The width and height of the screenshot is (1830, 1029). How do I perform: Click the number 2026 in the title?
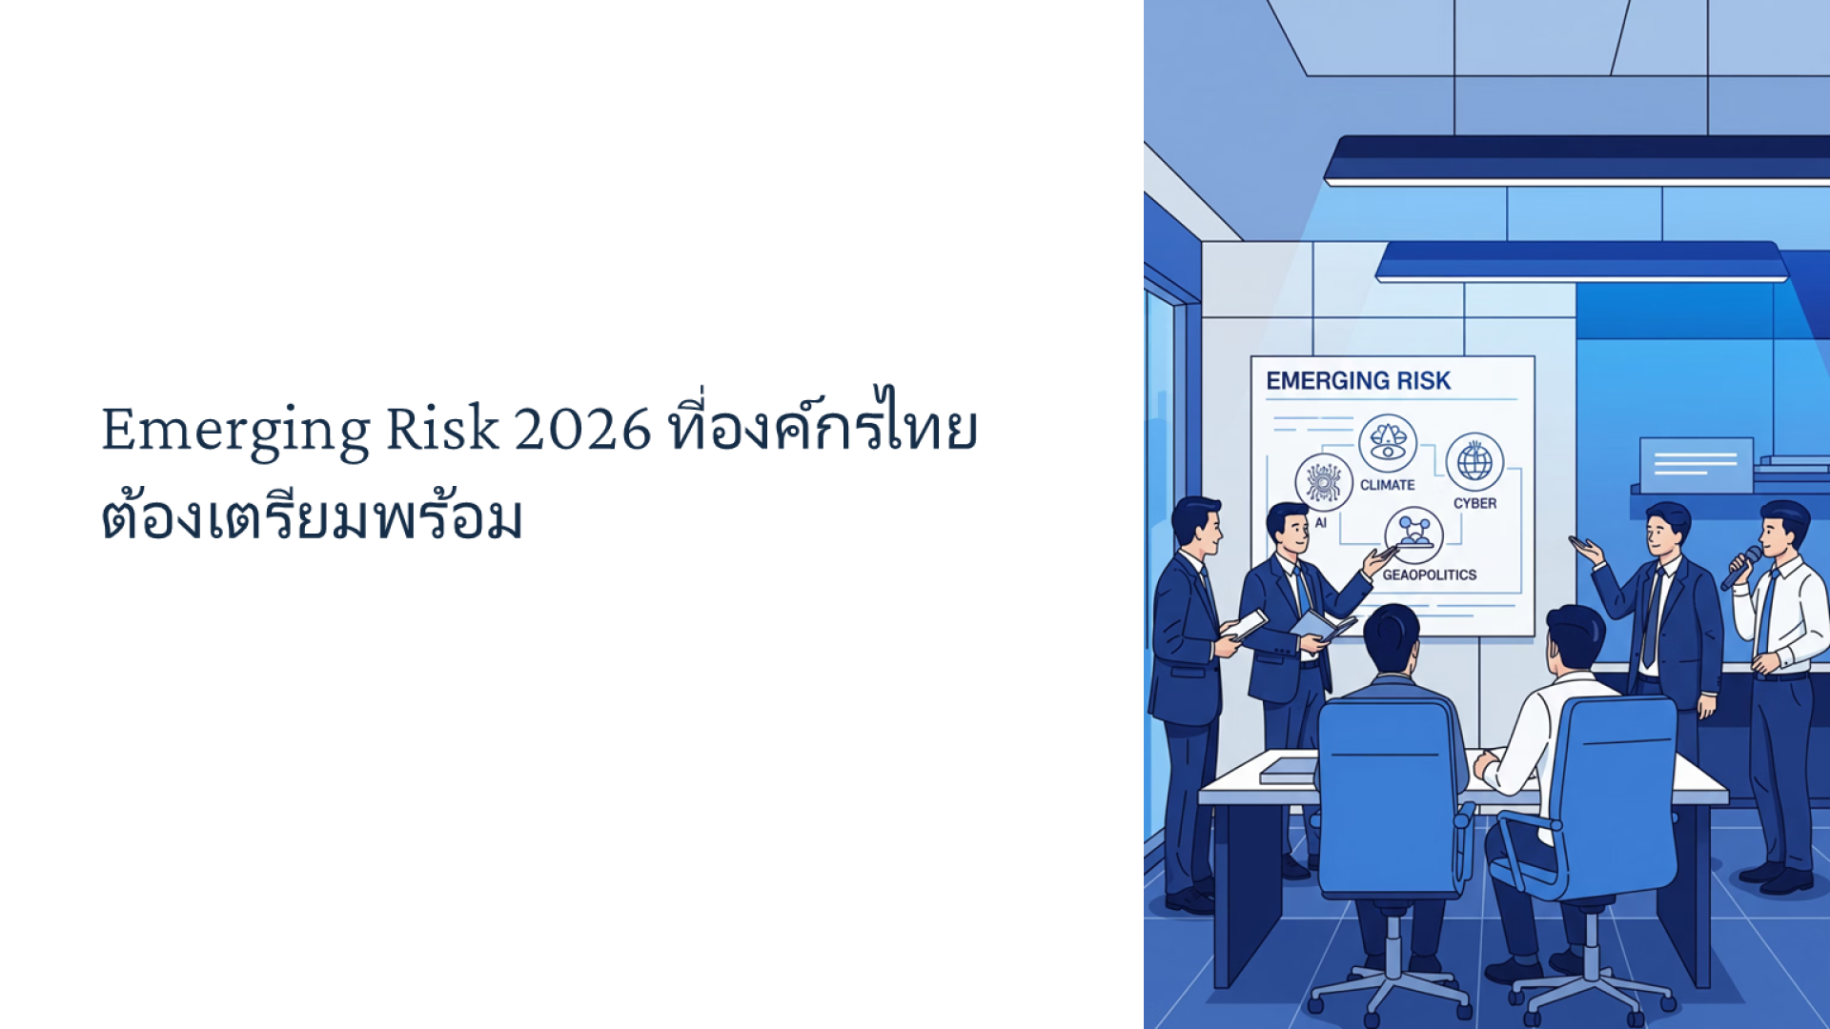point(582,429)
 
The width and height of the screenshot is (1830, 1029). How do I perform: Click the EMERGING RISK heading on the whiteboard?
point(1358,381)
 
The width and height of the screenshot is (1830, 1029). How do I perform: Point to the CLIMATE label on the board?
point(1387,485)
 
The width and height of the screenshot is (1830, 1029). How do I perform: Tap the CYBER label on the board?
point(1474,503)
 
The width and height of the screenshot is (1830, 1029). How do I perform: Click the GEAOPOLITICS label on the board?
point(1430,575)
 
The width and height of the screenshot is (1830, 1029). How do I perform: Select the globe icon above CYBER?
point(1474,462)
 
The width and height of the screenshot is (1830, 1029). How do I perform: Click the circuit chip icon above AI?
point(1324,482)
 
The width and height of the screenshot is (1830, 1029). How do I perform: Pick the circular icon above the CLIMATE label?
point(1388,443)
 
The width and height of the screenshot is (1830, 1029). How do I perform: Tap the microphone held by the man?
point(1740,568)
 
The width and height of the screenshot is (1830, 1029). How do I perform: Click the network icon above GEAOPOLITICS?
point(1414,535)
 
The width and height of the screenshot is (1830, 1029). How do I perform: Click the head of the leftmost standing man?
point(1196,525)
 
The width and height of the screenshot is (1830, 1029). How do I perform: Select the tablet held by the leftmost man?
point(1244,625)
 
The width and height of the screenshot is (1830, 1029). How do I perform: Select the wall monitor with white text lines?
point(1696,465)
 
